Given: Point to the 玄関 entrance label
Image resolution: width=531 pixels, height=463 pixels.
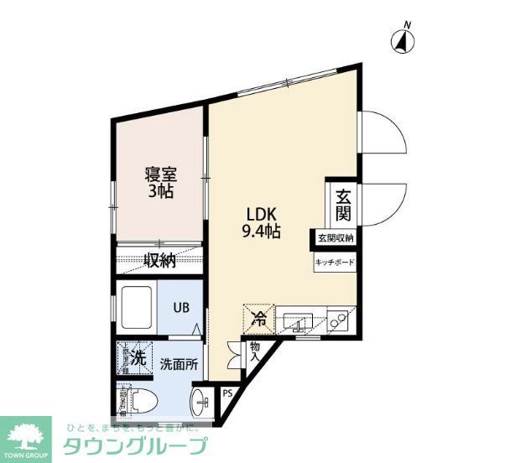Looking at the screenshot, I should coord(344,205).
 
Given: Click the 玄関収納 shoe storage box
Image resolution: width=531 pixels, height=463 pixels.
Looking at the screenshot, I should coord(336,239).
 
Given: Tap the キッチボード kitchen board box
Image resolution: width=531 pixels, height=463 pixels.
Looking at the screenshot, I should coord(335,263).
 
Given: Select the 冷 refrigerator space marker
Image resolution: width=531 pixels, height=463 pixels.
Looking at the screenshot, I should coord(260,318).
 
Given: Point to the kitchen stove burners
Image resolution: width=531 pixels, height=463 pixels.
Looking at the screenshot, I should coord(340,320).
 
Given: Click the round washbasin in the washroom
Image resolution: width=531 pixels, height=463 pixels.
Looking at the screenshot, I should coord(201,401).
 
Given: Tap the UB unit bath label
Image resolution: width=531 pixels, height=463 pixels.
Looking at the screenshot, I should coord(181,307).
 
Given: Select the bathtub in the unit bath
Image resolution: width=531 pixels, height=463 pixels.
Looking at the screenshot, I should coord(137,307).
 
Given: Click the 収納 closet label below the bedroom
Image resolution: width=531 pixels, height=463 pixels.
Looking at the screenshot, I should coord(159,260).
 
